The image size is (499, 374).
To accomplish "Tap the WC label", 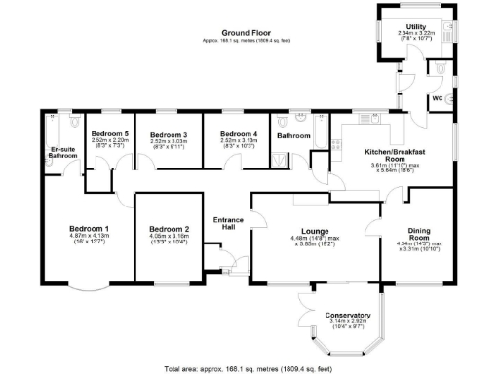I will pyautogui.click(x=439, y=99).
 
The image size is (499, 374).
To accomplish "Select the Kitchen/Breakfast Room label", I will pyautogui.click(x=392, y=157).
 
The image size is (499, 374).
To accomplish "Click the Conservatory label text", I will pyautogui.click(x=348, y=315).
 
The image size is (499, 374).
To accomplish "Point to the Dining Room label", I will pyautogui.click(x=419, y=235).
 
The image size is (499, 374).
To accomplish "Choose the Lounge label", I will pyautogui.click(x=314, y=231).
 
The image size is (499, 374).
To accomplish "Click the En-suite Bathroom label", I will pyautogui.click(x=63, y=153).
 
